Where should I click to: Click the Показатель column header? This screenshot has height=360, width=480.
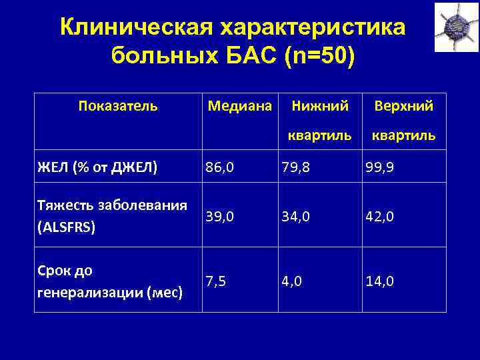coord(118,105)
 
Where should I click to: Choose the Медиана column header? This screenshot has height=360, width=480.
coord(240,105)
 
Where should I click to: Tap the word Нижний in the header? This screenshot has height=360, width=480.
coord(319,105)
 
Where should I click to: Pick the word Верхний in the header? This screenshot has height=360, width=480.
coord(404,105)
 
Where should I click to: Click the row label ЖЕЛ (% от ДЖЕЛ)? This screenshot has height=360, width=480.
coord(98,167)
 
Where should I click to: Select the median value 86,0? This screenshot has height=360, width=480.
coord(220,168)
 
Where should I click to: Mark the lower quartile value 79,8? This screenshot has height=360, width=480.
coord(297,168)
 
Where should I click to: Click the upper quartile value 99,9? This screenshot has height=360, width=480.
coord(380,168)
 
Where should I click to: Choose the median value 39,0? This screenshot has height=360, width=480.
coord(220,217)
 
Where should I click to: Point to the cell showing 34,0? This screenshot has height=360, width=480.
coord(297,217)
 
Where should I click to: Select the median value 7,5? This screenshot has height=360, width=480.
coord(215,281)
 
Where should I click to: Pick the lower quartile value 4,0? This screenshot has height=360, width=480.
coord(292,281)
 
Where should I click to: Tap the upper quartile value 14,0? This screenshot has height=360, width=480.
coord(380,281)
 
